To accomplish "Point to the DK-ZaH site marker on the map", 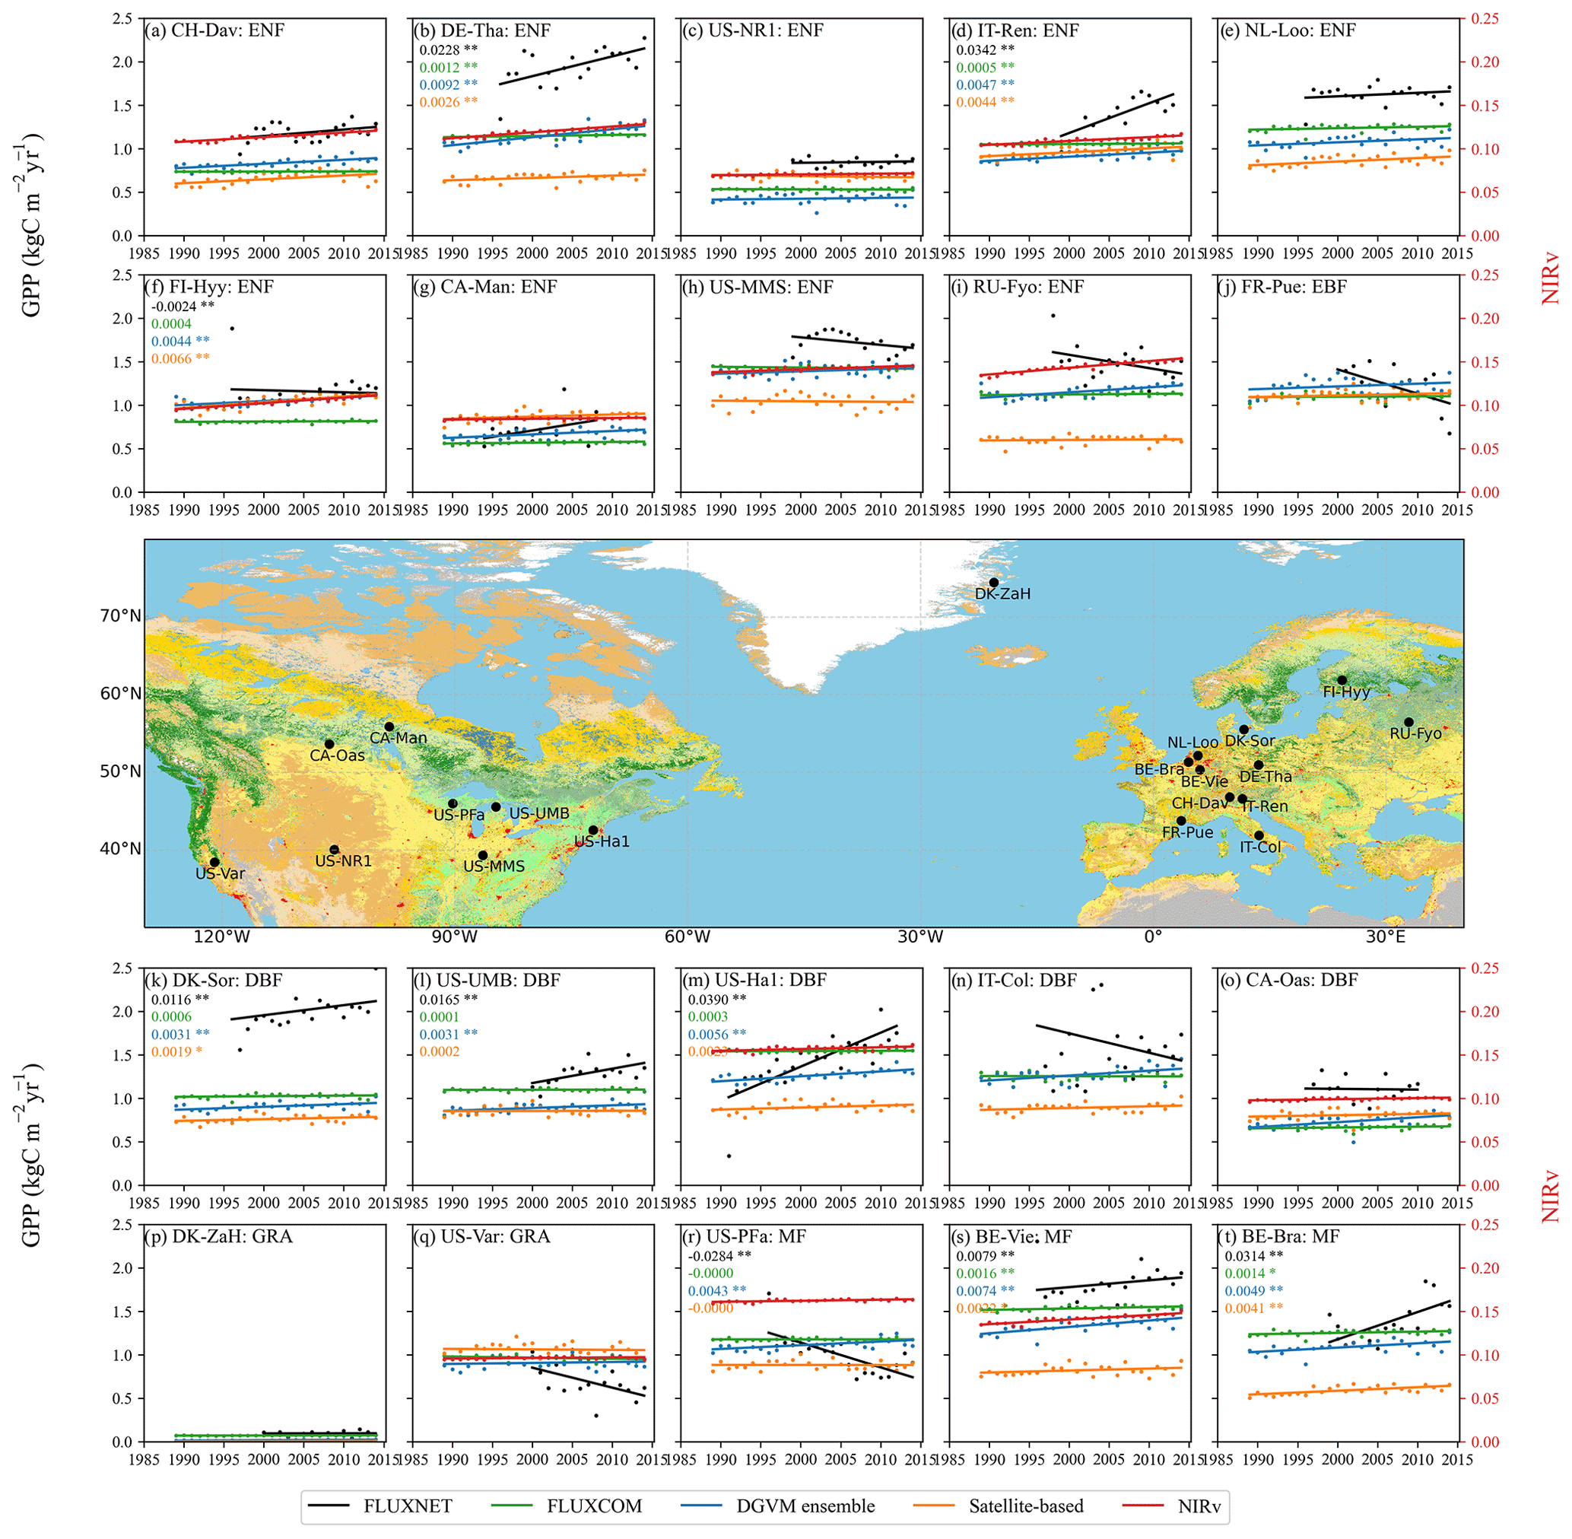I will point(993,582).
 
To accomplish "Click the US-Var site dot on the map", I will point(214,862).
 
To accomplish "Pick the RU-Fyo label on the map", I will point(1415,734).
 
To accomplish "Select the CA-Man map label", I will point(398,738).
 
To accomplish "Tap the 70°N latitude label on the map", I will point(120,617).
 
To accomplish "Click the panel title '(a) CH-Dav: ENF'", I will point(215,30).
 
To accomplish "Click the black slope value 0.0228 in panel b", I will point(440,49).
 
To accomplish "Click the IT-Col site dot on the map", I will point(1259,835).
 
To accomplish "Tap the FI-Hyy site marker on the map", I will point(1342,680).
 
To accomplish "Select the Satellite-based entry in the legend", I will point(1026,1506).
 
